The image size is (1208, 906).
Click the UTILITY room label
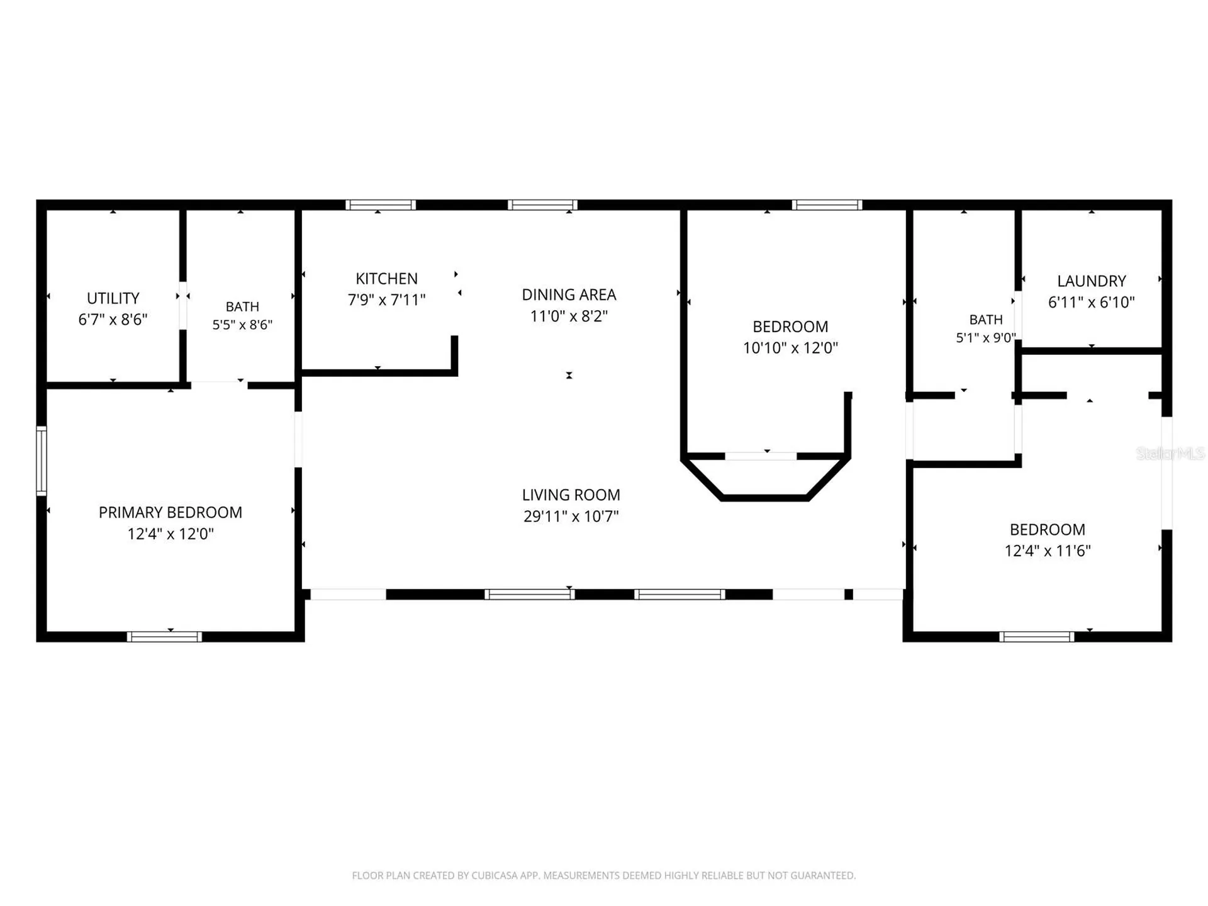click(113, 298)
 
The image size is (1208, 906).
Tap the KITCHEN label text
click(386, 279)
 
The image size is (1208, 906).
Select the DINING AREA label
click(569, 294)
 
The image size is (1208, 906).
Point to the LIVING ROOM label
click(571, 495)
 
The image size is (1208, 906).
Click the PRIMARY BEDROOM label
click(171, 513)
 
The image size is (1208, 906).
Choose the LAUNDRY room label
click(1092, 281)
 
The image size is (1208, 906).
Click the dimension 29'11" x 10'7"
click(571, 516)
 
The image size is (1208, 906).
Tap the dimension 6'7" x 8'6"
click(113, 319)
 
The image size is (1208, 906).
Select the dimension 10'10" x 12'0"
click(790, 347)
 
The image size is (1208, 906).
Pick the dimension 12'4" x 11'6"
click(1048, 551)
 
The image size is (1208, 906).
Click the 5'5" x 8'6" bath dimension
click(242, 325)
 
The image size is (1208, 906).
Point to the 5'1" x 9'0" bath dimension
click(986, 338)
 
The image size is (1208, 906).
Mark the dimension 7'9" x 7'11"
click(386, 299)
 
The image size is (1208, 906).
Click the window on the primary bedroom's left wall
click(41, 461)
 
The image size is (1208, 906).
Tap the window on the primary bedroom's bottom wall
click(164, 637)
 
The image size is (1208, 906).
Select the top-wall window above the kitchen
click(381, 204)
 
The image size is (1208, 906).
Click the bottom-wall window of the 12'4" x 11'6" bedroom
click(1037, 637)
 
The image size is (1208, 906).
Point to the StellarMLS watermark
click(1170, 453)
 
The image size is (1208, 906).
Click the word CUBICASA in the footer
click(495, 875)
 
